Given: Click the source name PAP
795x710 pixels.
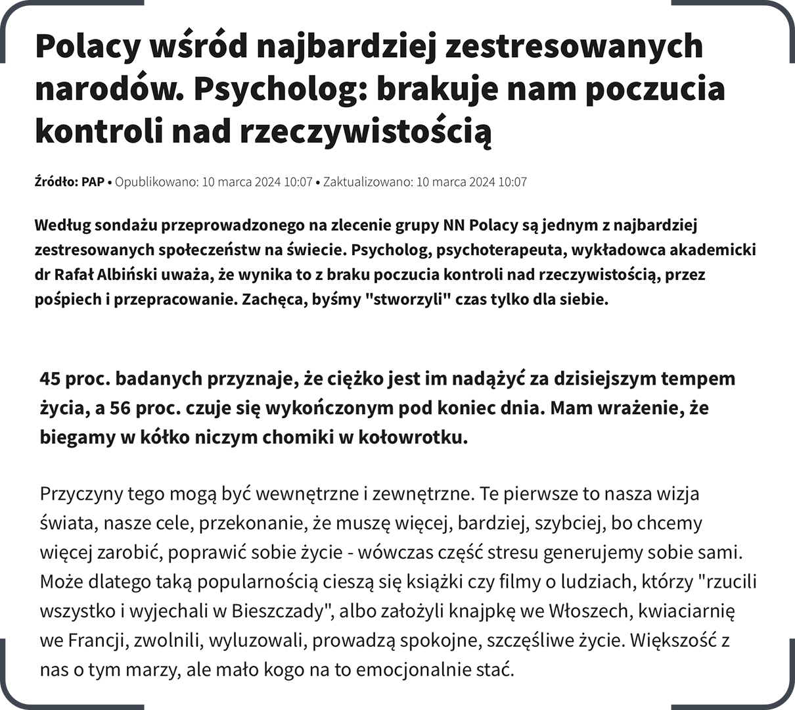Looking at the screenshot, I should pyautogui.click(x=93, y=182).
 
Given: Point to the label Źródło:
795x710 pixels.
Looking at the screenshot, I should pyautogui.click(x=57, y=182).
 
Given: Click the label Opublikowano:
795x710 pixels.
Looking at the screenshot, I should pyautogui.click(x=156, y=182).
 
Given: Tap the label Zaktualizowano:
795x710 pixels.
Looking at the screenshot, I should pyautogui.click(x=367, y=182).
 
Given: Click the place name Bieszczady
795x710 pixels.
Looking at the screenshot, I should pyautogui.click(x=279, y=611).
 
